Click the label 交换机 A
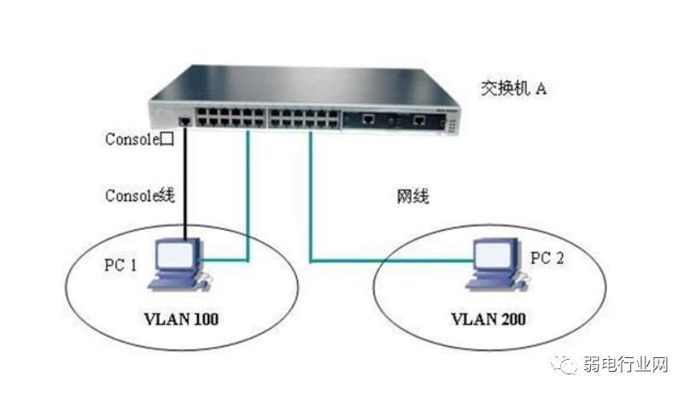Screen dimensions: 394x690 512,88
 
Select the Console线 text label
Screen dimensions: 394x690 139,196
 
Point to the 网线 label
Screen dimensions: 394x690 413,196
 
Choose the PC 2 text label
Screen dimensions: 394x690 547,258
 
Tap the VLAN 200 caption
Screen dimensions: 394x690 488,320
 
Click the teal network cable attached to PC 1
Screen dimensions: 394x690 248,205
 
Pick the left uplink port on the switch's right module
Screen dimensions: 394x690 368,121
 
